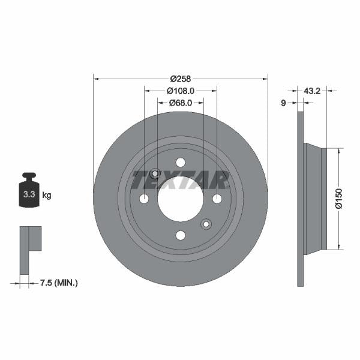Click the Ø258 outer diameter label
click(180, 79)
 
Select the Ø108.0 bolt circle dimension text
click(181, 91)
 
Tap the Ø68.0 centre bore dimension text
click(180, 103)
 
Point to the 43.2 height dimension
click(311, 91)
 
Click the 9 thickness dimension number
click(284, 103)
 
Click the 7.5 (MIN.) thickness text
click(58, 282)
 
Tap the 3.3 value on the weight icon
click(28, 195)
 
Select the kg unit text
click(47, 195)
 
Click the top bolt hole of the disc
click(181, 162)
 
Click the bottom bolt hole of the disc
click(181, 235)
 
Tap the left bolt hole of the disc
click(144, 199)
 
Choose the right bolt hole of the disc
click(217, 199)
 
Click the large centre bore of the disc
click(181, 199)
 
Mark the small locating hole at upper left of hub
click(155, 174)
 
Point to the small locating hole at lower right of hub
click(206, 224)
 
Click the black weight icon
click(28, 191)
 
